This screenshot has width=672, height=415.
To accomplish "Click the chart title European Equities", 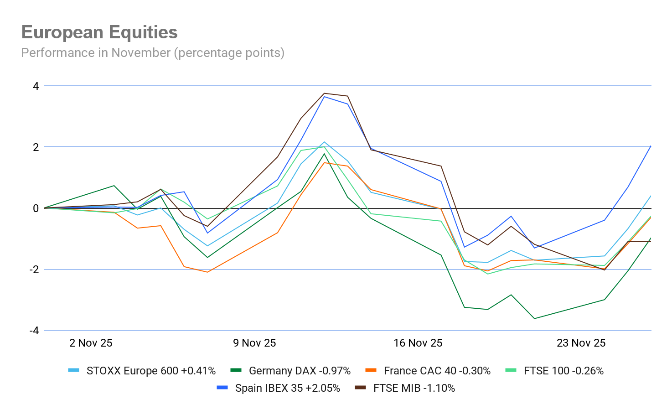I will coord(99,32).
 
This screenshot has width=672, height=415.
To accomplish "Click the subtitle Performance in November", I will coord(153,53).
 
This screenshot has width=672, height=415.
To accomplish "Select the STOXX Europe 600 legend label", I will coord(151,371).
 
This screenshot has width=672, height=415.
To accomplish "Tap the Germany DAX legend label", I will coord(300,371).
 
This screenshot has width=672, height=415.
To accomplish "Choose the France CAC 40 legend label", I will coord(437,371).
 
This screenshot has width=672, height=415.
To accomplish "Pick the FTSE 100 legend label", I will coord(563,371).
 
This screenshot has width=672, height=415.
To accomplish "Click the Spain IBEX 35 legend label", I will coord(287,388).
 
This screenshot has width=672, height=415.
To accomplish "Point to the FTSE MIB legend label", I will coord(414,388).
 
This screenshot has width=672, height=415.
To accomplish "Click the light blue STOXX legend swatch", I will coord(74,370).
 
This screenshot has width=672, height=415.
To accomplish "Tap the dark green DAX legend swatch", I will coord(236,370).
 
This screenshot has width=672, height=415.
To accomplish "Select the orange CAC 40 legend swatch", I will coord(371,370).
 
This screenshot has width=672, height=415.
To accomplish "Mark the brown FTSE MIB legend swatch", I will coord(361,388).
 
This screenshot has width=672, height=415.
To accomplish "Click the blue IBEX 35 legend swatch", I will coord(222,388).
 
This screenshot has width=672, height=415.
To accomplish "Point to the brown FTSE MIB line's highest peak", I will coord(324,93).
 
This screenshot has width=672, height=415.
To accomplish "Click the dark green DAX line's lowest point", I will coord(534,318).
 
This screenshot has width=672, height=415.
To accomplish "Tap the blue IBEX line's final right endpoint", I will coord(651,146).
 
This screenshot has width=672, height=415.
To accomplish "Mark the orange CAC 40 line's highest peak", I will coord(324,163).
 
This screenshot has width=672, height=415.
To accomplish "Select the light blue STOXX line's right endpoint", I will coord(651,196).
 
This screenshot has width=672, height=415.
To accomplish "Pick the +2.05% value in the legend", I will coord(323,388).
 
